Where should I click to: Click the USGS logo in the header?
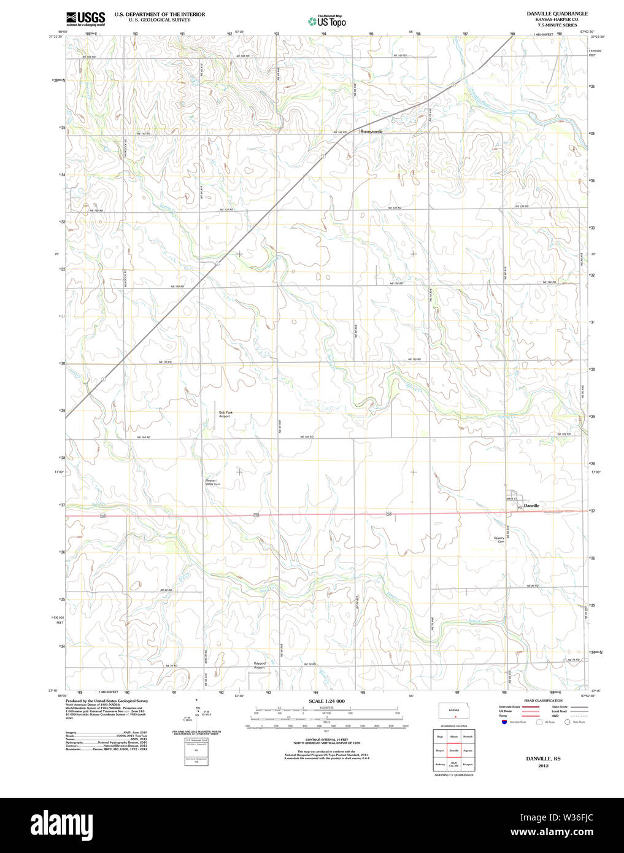[85, 18]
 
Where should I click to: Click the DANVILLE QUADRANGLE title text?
[557, 14]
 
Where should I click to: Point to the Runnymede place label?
[371, 131]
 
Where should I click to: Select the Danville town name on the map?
[531, 506]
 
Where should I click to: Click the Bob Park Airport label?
[225, 414]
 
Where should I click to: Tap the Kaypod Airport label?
[260, 665]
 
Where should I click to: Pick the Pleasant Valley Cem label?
[213, 482]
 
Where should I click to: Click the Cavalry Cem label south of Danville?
[499, 540]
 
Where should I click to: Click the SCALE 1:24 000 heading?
[326, 701]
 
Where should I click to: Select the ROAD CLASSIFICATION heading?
[543, 700]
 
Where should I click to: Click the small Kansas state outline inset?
[454, 711]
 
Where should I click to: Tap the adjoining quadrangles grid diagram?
[453, 749]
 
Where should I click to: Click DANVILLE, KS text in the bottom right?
[543, 759]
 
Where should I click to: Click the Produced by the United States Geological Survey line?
[107, 701]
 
